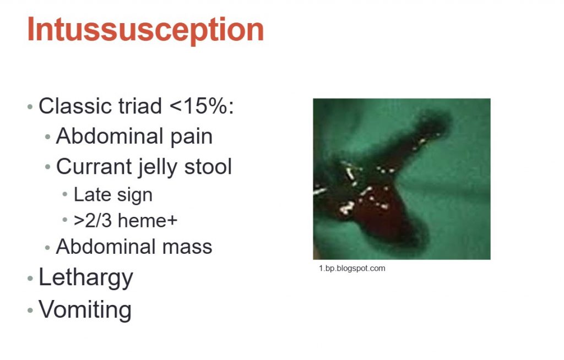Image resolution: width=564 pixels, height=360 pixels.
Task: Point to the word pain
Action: click(x=191, y=137)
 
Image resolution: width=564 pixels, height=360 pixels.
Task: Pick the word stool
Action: click(x=208, y=167)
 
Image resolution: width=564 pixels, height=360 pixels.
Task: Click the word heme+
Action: click(x=148, y=221)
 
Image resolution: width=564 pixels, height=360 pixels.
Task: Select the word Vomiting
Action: click(x=85, y=310)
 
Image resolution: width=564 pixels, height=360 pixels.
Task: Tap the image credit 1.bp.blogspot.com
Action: click(x=352, y=268)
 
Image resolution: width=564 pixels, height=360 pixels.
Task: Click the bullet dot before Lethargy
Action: click(x=30, y=279)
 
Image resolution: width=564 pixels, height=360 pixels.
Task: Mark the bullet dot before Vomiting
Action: click(x=30, y=310)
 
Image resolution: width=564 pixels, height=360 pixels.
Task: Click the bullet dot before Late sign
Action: click(x=65, y=194)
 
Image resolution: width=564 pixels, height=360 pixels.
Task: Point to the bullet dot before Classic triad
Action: click(x=30, y=106)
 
